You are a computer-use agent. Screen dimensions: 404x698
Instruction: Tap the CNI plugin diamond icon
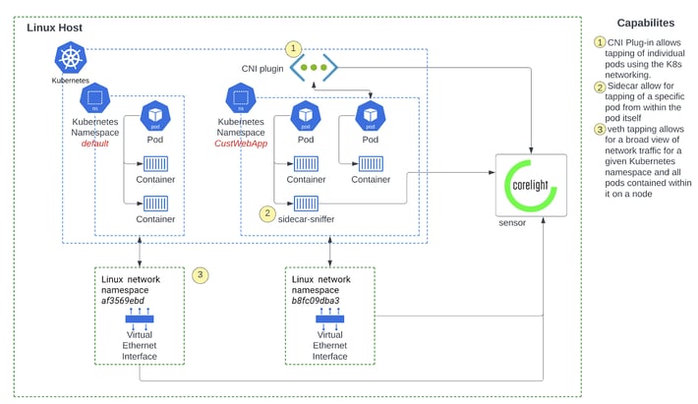point(315,68)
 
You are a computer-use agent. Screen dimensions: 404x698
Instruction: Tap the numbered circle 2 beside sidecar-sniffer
point(266,212)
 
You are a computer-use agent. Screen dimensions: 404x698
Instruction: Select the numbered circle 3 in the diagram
point(201,275)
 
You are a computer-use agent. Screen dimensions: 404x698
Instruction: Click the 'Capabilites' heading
point(645,23)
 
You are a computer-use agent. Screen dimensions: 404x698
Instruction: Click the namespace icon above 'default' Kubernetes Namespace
point(94,98)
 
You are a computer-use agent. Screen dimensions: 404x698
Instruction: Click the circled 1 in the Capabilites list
point(600,42)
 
